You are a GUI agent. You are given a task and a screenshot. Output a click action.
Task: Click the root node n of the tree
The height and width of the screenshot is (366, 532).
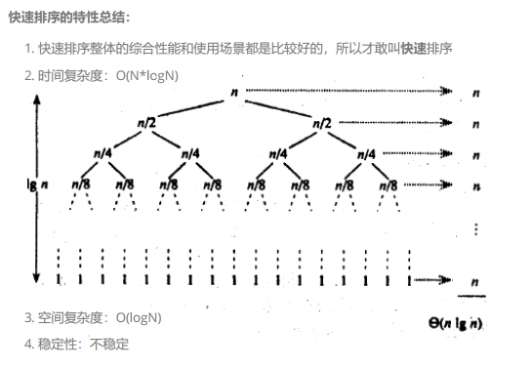pyautogui.click(x=235, y=93)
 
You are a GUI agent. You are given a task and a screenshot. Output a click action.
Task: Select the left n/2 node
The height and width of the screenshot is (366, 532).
pyautogui.click(x=145, y=123)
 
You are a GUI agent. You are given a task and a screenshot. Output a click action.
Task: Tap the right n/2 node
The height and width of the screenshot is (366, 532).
pyautogui.click(x=321, y=123)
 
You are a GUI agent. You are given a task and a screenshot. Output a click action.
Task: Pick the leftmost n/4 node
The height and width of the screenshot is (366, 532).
pyautogui.click(x=102, y=153)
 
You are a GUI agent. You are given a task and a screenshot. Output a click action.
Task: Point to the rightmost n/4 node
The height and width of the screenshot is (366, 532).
pyautogui.click(x=367, y=153)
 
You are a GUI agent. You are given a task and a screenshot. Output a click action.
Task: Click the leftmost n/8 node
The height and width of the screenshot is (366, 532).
pyautogui.click(x=80, y=183)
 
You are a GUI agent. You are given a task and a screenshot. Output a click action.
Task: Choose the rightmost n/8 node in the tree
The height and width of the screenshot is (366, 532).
pyautogui.click(x=388, y=183)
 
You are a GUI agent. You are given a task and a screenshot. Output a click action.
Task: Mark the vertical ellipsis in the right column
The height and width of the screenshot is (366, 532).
pyautogui.click(x=474, y=227)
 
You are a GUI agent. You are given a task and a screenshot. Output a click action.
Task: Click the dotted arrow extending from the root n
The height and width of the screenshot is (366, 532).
pyautogui.click(x=351, y=92)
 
